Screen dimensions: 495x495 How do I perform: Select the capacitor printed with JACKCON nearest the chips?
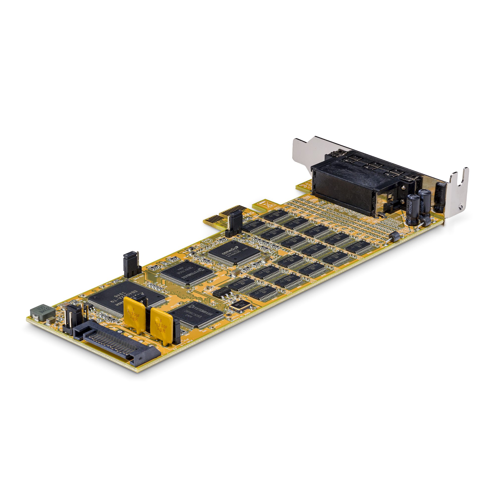click(413, 209)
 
